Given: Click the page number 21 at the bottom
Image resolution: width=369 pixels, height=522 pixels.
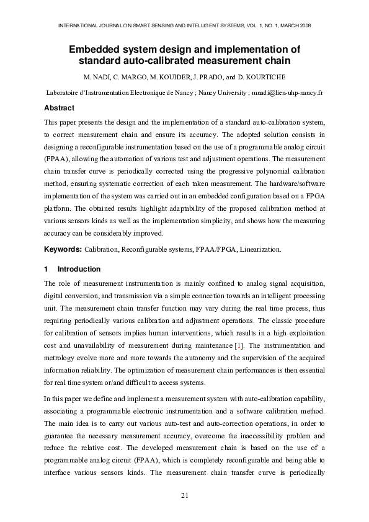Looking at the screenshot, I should coord(184,494).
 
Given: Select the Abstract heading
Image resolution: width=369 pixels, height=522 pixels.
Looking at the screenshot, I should coord(59,108).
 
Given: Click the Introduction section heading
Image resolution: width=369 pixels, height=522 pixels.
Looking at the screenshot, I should coord(78,269).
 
